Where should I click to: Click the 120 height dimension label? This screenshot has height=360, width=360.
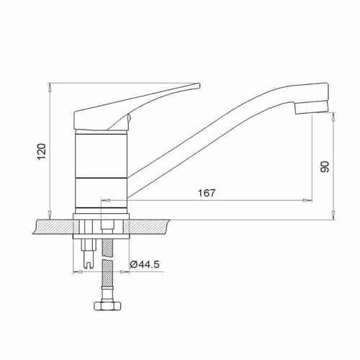click(x=42, y=151)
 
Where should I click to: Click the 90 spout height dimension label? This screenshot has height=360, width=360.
click(x=325, y=167)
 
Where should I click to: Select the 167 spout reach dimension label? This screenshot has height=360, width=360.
click(x=207, y=193)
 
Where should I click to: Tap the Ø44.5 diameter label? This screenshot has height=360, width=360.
click(x=145, y=265)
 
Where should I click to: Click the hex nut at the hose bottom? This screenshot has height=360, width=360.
click(x=108, y=306)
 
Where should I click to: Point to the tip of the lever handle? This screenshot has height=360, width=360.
click(x=199, y=86)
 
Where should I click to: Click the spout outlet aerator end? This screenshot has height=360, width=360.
click(x=311, y=107)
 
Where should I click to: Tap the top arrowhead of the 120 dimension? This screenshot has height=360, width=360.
click(x=50, y=88)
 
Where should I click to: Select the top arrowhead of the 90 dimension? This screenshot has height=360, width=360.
click(x=333, y=117)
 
